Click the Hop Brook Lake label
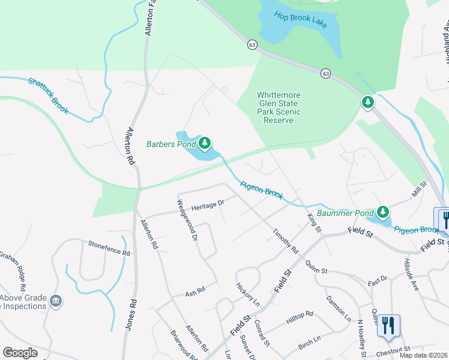pos(301,18)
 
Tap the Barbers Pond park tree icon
pos(205,143)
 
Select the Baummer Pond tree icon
pos(382,212)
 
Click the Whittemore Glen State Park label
pos(279,107)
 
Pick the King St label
pos(315,223)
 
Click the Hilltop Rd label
pos(300,318)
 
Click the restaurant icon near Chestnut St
pos(388,326)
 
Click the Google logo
pos(20,353)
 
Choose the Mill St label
pos(418,191)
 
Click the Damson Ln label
pos(338,308)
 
